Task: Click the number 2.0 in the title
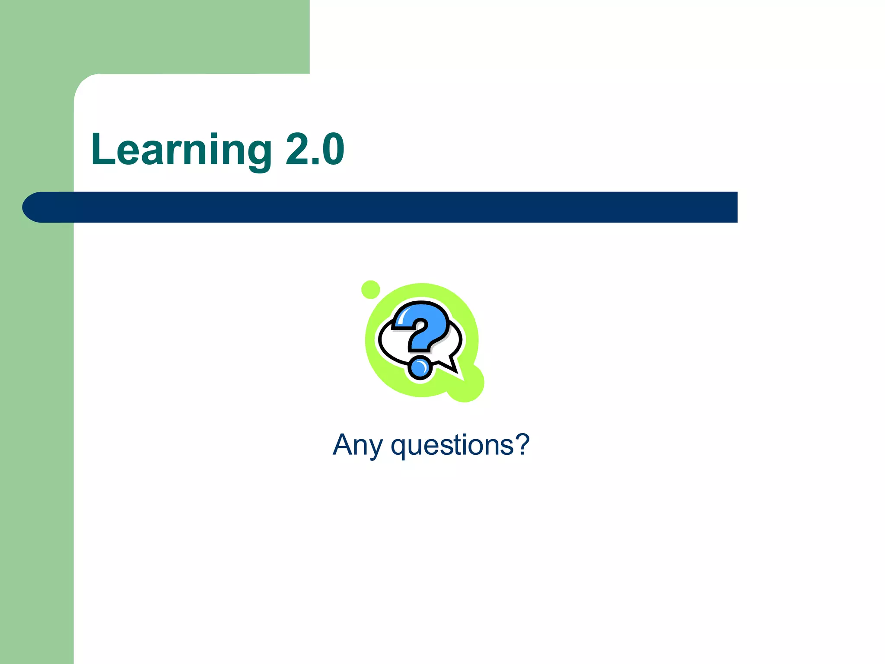315,150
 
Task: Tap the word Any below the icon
358,445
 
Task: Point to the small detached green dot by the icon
370,290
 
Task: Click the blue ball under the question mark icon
420,368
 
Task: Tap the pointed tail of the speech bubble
453,367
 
